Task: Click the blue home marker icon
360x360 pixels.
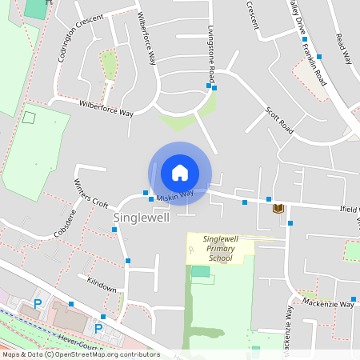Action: (x=180, y=172)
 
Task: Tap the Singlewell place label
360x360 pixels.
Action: (x=141, y=218)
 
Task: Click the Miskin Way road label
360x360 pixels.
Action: (x=175, y=195)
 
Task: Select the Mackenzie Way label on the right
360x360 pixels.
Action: (x=328, y=304)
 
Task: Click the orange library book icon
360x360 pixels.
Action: (x=278, y=209)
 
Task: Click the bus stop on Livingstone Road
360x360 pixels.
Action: (x=209, y=86)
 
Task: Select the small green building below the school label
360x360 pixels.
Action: (x=200, y=271)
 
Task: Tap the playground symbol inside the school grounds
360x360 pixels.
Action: (x=190, y=251)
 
